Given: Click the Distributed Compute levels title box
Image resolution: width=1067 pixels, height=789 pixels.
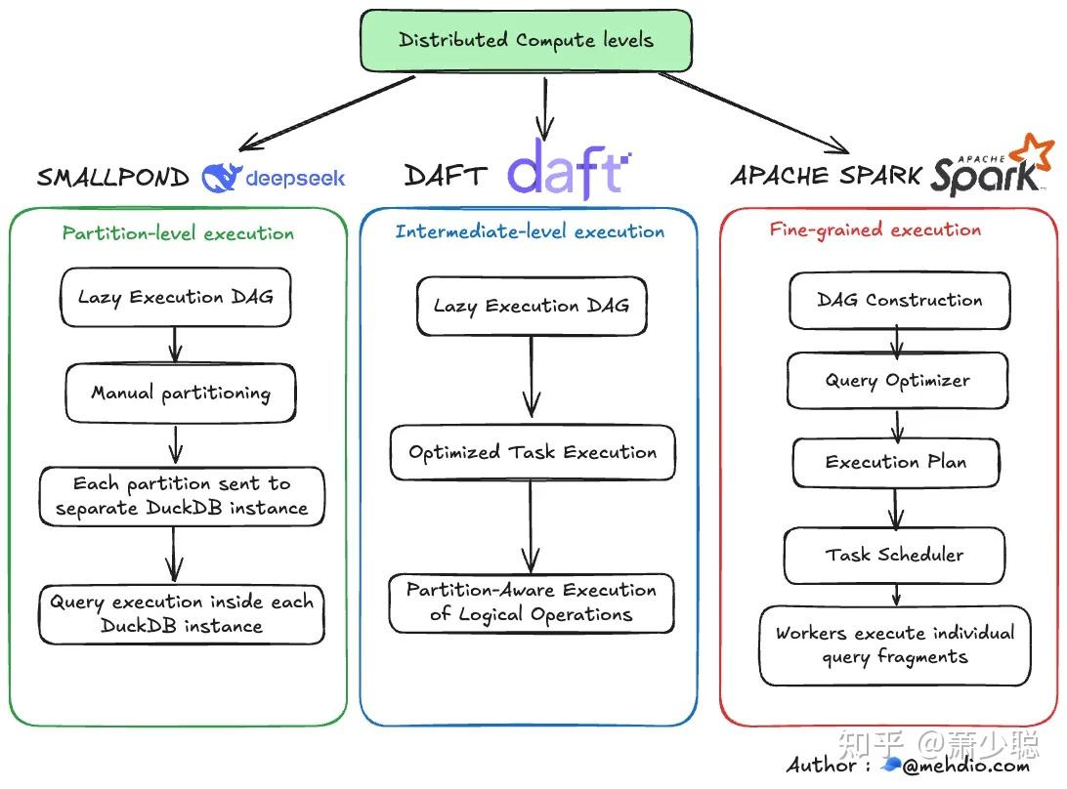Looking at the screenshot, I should click(x=526, y=41).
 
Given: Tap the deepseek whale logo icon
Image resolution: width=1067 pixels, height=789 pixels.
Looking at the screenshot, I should click(x=220, y=177).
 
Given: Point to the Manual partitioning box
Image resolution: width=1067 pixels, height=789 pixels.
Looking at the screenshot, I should click(x=180, y=394).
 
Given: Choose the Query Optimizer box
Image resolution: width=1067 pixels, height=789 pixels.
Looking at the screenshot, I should click(x=897, y=381).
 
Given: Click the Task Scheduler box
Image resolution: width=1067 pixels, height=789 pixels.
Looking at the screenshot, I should click(x=894, y=555).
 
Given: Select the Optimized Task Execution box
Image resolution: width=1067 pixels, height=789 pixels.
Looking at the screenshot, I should click(x=533, y=452).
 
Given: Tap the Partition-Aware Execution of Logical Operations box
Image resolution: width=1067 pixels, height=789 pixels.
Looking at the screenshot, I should click(x=532, y=602).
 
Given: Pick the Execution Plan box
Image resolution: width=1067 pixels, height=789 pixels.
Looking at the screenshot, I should click(x=895, y=463).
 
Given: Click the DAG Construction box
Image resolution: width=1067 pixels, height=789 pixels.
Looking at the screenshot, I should click(x=899, y=301).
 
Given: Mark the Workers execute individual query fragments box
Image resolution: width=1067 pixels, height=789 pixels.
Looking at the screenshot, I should click(x=894, y=644).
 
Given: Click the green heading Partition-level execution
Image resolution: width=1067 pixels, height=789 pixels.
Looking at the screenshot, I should click(x=178, y=233).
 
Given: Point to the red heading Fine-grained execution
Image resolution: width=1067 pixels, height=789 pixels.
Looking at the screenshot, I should click(x=875, y=230).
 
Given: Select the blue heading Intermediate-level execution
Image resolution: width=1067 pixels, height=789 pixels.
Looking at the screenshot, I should click(x=530, y=231).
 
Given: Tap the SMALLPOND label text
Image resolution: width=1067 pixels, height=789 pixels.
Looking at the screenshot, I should click(x=112, y=178).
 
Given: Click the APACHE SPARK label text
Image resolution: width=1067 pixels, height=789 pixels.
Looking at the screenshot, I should click(x=826, y=176).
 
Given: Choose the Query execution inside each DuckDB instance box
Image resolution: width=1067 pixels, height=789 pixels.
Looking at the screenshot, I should click(x=182, y=614).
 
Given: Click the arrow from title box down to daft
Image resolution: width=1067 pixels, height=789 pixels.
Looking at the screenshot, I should click(x=544, y=109).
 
